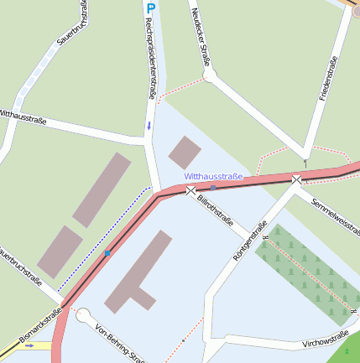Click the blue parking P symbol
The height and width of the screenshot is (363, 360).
coord(151,8)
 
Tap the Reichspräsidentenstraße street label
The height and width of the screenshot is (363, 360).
coord(150,58)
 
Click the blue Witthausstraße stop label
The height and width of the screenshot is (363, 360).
coord(213,177)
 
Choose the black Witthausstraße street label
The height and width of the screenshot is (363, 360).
coord(23,117)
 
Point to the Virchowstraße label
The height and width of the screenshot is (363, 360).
coord(325,340)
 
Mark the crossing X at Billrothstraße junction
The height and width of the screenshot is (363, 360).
coord(190,191)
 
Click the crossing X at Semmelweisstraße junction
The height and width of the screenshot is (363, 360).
coord(296,179)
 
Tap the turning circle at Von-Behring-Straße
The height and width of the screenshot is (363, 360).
coord(82,315)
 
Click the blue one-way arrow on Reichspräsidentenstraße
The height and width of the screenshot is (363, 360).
coord(149,126)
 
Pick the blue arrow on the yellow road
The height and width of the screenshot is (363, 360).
coord(29,345)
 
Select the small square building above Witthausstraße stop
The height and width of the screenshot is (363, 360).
coord(185,153)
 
